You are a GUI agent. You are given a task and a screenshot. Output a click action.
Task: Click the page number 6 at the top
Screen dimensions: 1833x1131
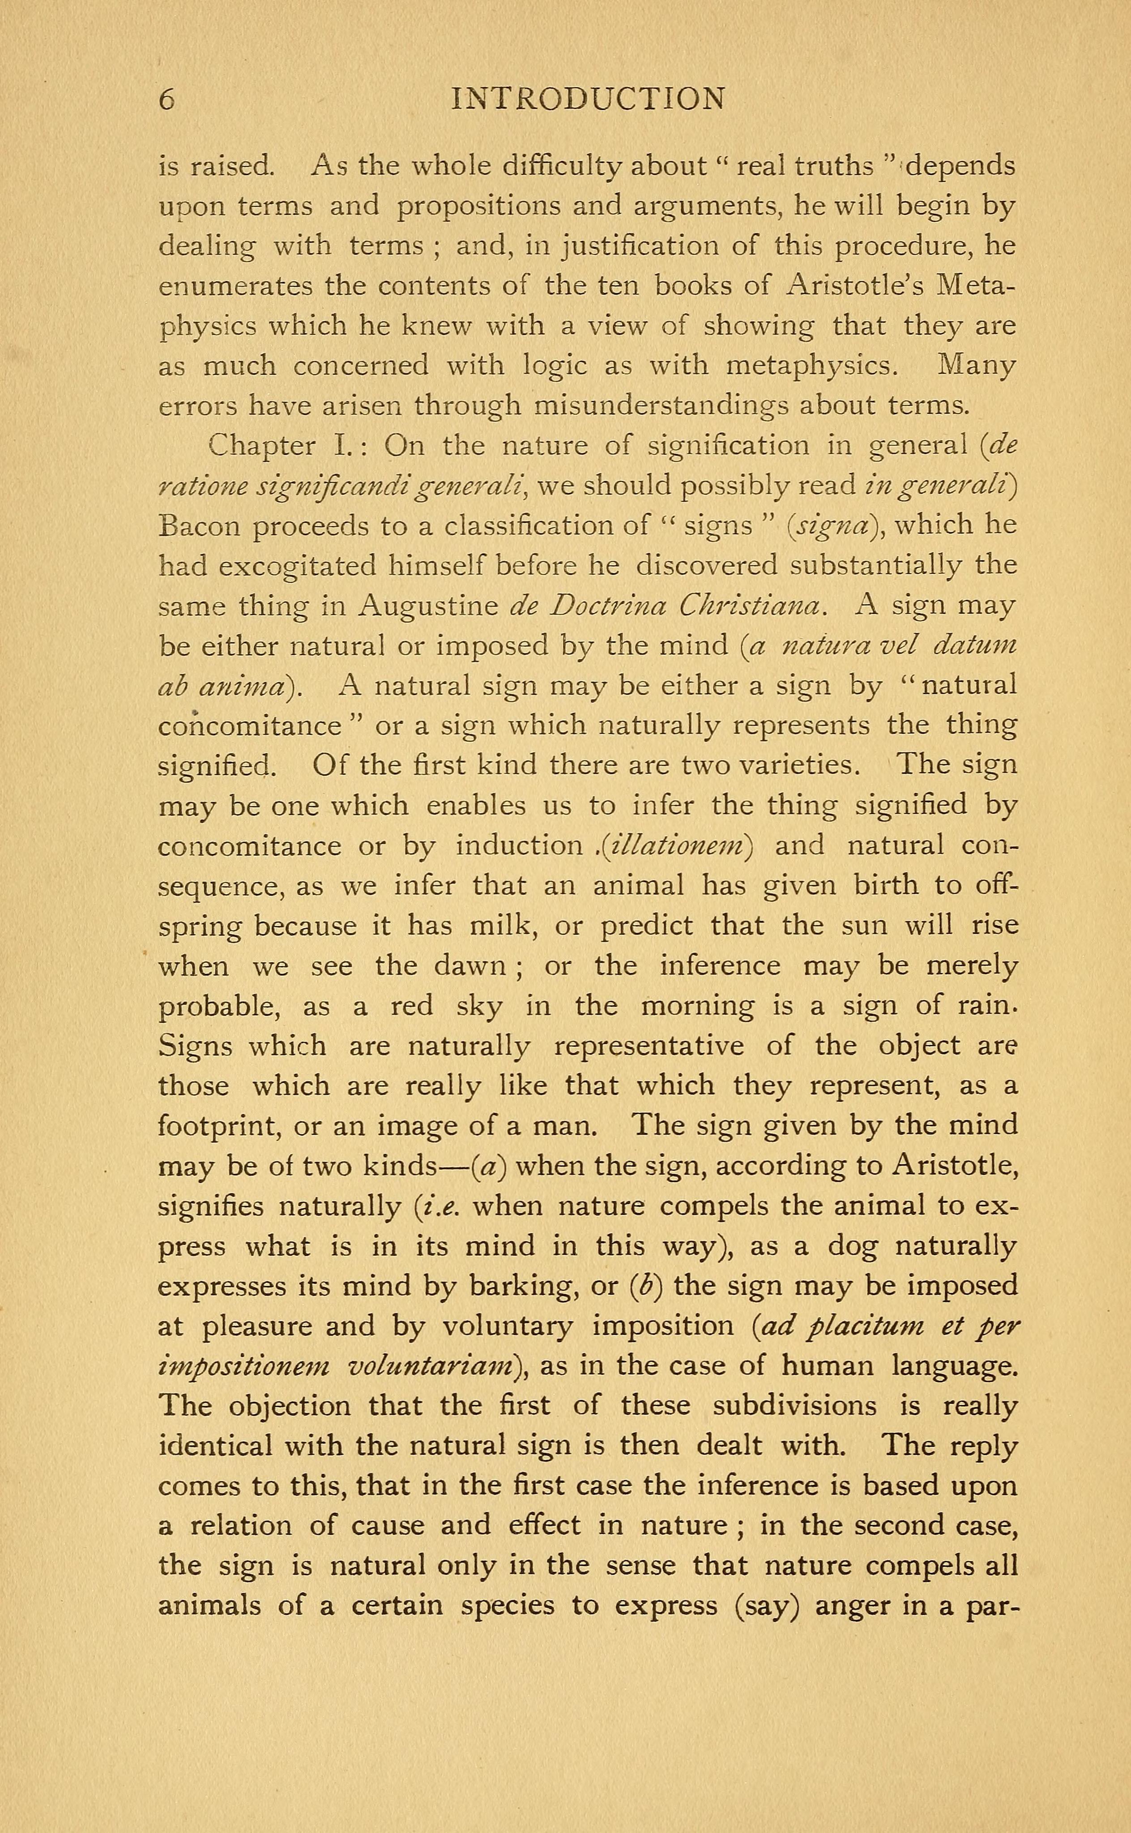tap(167, 99)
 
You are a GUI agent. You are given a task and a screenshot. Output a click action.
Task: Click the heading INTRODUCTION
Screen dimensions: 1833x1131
tap(589, 99)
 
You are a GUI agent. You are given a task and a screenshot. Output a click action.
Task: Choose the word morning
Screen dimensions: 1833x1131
tap(697, 1007)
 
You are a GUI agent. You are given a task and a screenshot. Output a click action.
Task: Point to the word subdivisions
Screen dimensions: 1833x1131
tap(794, 1406)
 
